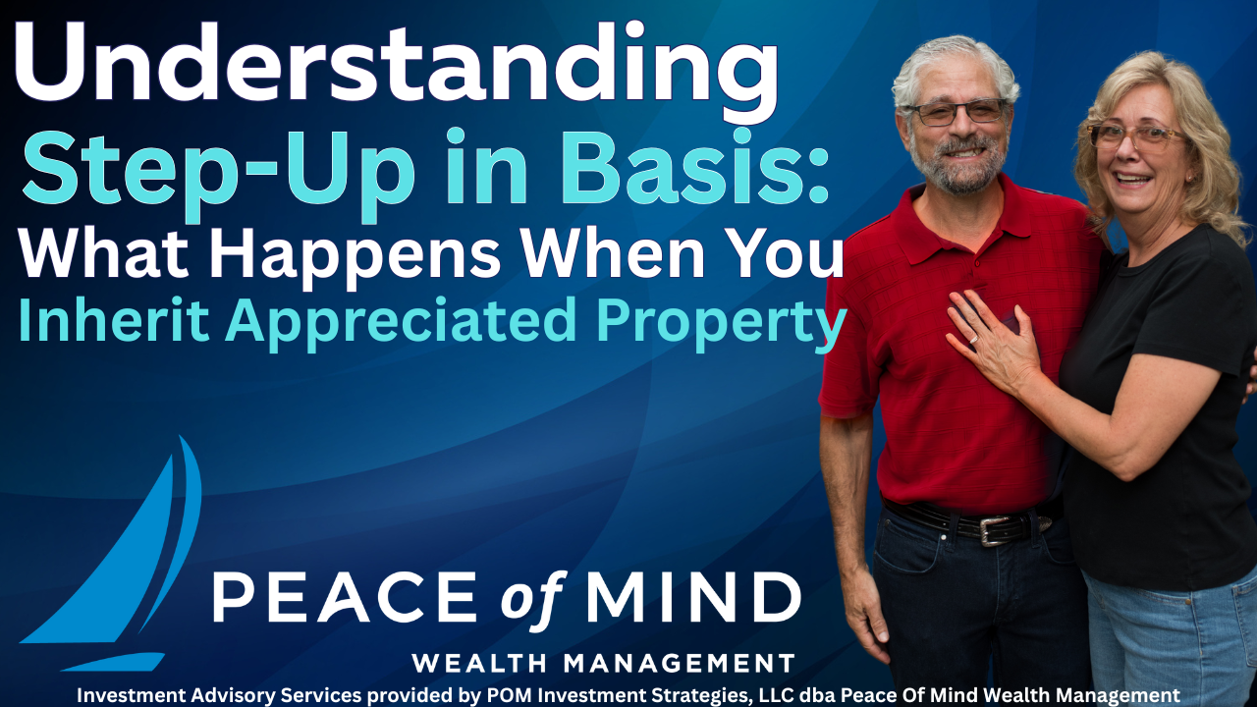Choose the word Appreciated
[402, 324]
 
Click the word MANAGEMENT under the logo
[679, 663]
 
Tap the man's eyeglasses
[957, 112]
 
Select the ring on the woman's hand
[973, 339]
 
